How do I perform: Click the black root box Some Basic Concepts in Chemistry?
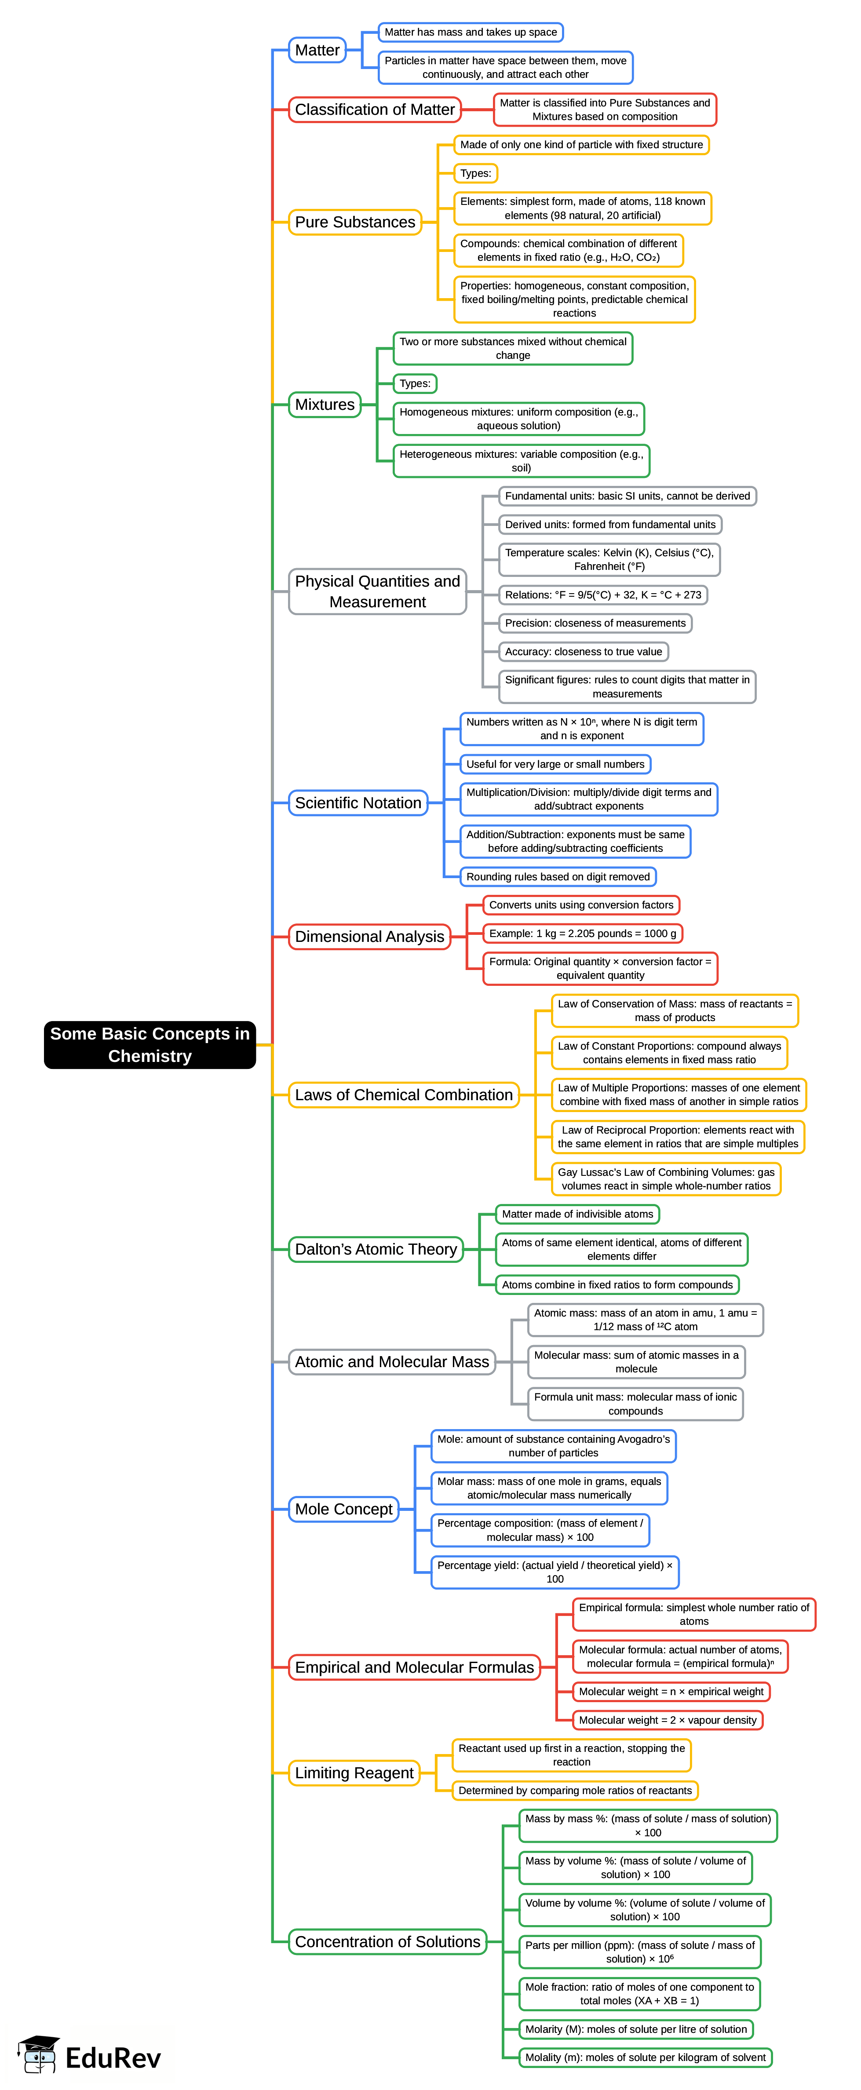pyautogui.click(x=150, y=1044)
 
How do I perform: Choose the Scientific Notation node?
pyautogui.click(x=358, y=802)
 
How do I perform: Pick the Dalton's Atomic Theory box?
pyautogui.click(x=376, y=1249)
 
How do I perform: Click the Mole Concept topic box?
pyautogui.click(x=343, y=1509)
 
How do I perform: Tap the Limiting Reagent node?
pyautogui.click(x=354, y=1773)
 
